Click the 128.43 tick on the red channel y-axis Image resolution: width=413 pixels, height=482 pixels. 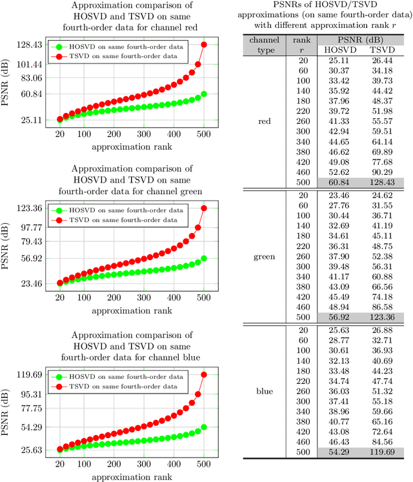coord(30,45)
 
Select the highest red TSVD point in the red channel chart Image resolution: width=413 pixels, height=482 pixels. coord(204,45)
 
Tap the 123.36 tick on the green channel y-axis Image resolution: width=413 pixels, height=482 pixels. coord(30,208)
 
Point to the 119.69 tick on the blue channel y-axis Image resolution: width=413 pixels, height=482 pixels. coord(30,374)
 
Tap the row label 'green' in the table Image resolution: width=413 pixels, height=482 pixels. coord(264,257)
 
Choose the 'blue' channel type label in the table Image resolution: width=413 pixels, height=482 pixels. coord(264,391)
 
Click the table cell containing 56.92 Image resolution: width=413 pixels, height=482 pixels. coord(335,317)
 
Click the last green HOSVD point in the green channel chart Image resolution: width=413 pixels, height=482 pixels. coord(204,258)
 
